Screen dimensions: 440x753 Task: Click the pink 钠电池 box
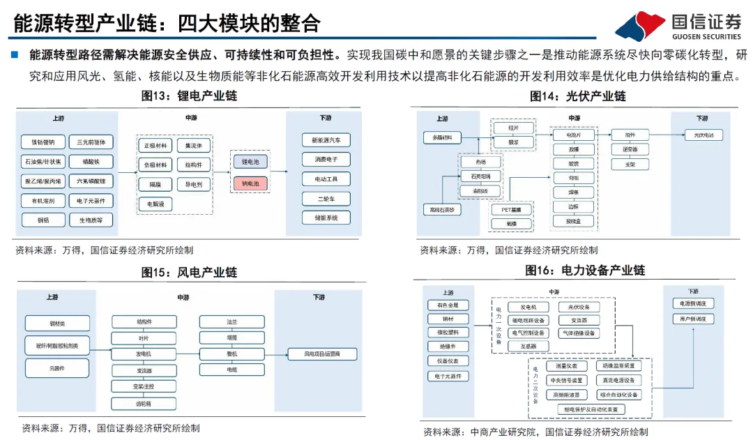(x=250, y=183)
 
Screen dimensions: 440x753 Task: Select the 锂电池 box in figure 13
(x=250, y=162)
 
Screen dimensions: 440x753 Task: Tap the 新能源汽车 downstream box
(x=326, y=140)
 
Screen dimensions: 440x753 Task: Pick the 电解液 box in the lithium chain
(x=155, y=204)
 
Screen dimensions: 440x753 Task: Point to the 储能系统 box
(x=326, y=218)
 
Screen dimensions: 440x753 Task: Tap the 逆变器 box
(x=630, y=149)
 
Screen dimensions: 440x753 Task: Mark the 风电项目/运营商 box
(x=322, y=354)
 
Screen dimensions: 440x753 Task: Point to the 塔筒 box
(x=231, y=337)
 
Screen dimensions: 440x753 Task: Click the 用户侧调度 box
(x=692, y=319)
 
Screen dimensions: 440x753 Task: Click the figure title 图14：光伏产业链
(x=577, y=96)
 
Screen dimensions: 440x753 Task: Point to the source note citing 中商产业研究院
(x=535, y=432)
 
